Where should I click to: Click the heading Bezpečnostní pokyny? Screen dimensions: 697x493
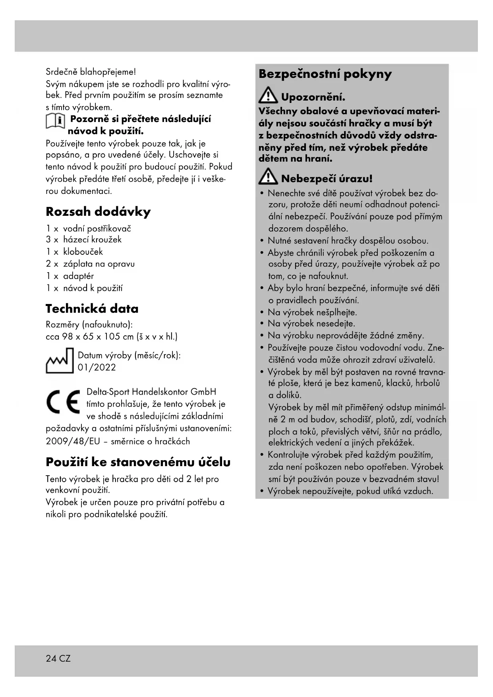pos(325,74)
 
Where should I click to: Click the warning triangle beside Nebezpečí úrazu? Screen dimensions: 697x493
pos(268,177)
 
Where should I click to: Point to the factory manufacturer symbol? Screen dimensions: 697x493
pos(60,361)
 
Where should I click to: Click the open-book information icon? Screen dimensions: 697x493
pos(55,121)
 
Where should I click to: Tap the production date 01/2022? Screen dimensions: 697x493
pos(97,367)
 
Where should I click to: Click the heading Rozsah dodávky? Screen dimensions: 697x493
pos(98,211)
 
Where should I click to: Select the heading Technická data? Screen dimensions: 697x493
pos(92,309)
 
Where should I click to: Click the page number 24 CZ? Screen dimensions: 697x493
pos(58,658)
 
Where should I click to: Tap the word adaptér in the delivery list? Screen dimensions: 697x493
pos(78,276)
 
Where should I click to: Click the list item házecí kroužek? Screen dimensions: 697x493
pos(92,239)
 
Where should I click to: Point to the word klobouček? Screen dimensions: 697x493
pos(83,252)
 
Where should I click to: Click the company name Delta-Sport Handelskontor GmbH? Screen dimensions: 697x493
pos(151,392)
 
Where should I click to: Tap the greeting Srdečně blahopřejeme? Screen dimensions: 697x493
pos(91,72)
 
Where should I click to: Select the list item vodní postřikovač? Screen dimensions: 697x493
pos(97,228)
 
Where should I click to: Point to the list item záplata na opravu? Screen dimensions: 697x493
pos(99,264)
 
